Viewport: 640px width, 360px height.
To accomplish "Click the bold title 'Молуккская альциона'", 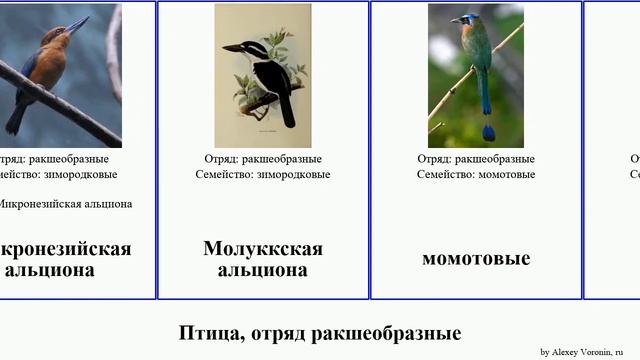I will coord(263,258).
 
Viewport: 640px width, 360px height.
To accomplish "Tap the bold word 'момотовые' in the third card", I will coord(476,258).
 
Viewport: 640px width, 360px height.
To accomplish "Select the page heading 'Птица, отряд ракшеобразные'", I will coord(320,333).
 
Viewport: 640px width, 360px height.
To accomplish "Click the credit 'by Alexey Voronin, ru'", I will coord(581,352).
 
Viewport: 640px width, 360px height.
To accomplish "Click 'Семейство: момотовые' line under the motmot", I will coord(476,174).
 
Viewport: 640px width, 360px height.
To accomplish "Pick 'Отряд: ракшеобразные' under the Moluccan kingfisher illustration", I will coord(263,158).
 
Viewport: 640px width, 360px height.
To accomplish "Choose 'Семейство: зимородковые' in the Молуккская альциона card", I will coord(263,174).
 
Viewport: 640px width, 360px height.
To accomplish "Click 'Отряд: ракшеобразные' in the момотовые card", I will coord(476,158).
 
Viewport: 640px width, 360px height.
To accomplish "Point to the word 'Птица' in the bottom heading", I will coord(204,333).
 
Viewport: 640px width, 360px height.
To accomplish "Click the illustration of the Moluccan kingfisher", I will coord(263,75).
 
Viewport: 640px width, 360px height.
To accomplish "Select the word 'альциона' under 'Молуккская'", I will coord(263,269).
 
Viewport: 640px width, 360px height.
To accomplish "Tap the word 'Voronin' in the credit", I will coord(589,352).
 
